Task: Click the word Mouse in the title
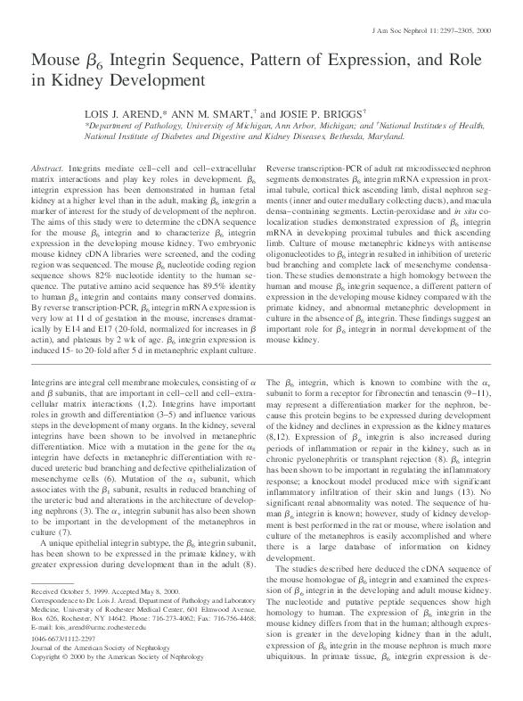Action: pyautogui.click(x=55, y=61)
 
